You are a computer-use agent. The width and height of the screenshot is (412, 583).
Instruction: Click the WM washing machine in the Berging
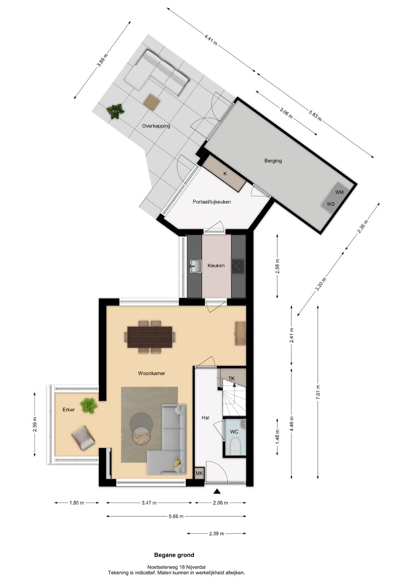tap(340, 192)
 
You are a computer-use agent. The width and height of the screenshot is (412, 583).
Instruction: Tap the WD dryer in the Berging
tap(330, 204)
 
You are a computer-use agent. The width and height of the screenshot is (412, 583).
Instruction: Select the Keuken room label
tap(216, 266)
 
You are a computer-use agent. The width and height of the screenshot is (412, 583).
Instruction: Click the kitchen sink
tap(195, 266)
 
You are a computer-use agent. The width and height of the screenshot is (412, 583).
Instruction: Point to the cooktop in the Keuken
tap(238, 266)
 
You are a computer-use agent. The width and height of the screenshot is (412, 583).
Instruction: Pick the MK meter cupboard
tap(200, 473)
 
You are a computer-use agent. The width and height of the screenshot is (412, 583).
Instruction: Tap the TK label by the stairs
tap(232, 378)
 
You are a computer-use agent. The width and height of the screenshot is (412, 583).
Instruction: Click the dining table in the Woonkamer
tap(150, 337)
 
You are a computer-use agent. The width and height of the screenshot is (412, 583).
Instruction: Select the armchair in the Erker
tap(83, 438)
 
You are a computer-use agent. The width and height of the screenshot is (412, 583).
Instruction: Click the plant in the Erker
tap(89, 405)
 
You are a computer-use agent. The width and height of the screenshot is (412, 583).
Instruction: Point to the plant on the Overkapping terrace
tap(115, 111)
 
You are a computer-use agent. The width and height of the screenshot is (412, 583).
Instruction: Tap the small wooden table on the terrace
tap(152, 101)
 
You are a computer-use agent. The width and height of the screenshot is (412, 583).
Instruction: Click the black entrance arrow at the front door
tap(217, 492)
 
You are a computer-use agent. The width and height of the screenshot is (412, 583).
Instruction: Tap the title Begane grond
tap(174, 555)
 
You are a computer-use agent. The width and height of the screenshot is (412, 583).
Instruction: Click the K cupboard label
tap(225, 173)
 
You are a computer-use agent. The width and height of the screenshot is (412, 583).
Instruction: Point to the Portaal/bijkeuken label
tap(212, 202)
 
